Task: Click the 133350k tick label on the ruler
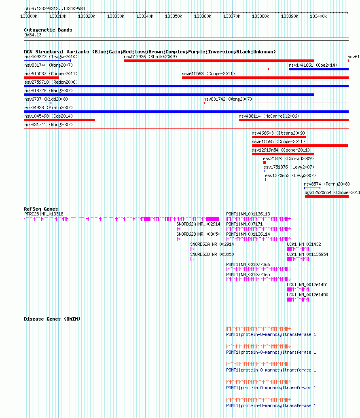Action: click(x=174, y=16)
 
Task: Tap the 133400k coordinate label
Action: click(x=318, y=16)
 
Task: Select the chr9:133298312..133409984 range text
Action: click(x=55, y=8)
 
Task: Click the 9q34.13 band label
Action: click(x=33, y=35)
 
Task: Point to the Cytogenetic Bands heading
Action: click(x=48, y=30)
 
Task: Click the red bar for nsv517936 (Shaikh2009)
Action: click(x=219, y=61)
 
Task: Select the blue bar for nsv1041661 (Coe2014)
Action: click(x=319, y=69)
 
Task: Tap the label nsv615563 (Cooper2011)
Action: click(x=208, y=74)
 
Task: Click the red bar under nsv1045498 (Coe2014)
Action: click(x=59, y=120)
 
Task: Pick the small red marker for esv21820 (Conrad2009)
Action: click(x=265, y=163)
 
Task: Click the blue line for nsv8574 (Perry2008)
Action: click(x=312, y=188)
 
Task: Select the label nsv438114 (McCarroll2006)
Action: click(x=269, y=116)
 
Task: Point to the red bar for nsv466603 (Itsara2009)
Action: click(x=279, y=137)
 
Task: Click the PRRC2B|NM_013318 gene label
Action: click(x=44, y=214)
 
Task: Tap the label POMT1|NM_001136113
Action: click(x=248, y=214)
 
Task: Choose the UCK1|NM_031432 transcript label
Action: click(x=304, y=244)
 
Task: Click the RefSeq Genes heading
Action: click(x=41, y=209)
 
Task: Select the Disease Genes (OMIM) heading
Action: click(x=52, y=319)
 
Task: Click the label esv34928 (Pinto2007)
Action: click(x=49, y=108)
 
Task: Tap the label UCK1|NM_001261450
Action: click(x=307, y=295)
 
